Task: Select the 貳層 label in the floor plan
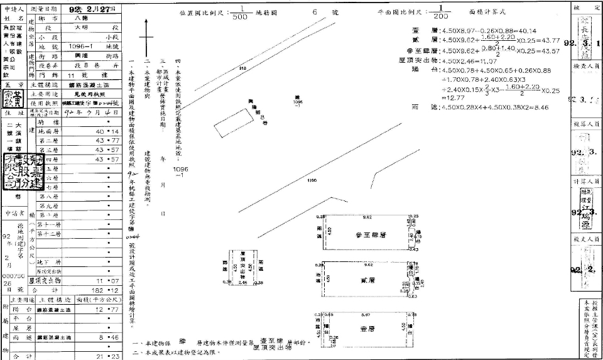click(367, 280)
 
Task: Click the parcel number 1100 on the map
click(312, 181)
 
